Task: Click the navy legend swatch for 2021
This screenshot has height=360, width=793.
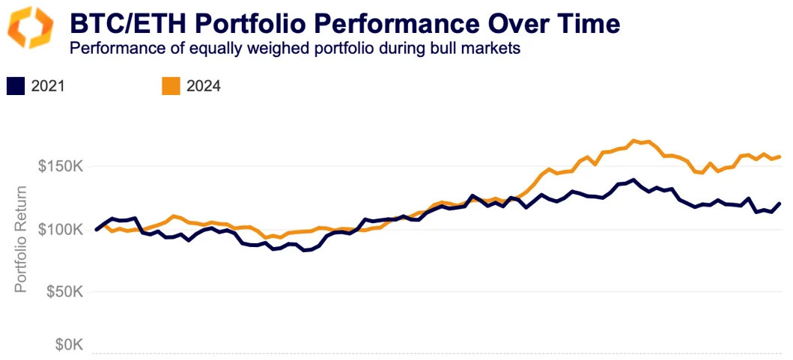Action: [16, 86]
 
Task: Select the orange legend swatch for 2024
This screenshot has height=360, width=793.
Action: [171, 86]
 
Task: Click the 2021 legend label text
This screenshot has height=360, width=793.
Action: [48, 86]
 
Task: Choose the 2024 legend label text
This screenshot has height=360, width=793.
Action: [203, 86]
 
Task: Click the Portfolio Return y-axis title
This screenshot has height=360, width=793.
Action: [22, 238]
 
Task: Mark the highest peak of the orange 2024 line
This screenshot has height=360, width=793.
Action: [634, 140]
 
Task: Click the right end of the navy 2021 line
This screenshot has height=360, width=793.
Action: [780, 204]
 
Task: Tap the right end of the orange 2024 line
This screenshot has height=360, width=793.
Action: [780, 156]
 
